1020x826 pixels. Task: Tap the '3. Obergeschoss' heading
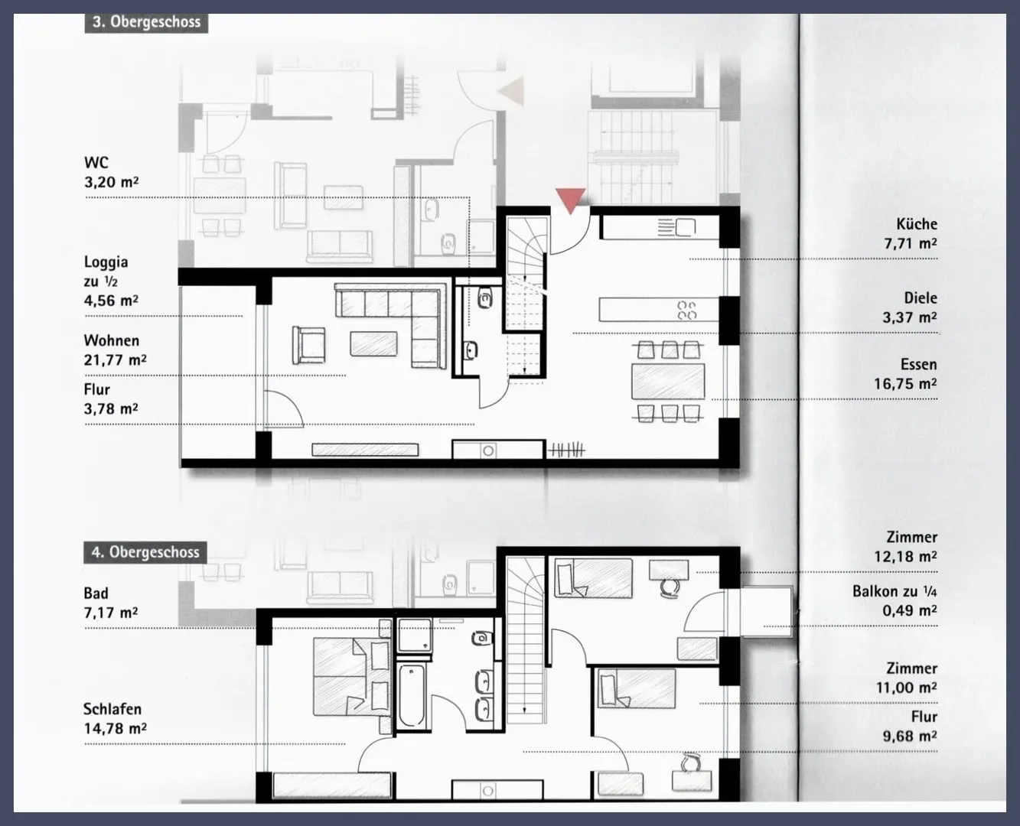click(147, 22)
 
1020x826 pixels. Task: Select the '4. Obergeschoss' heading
click(145, 552)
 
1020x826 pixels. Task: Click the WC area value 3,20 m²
click(112, 182)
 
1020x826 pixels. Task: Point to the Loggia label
click(106, 263)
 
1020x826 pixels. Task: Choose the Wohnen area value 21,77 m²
click(116, 360)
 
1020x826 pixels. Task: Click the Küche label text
click(917, 224)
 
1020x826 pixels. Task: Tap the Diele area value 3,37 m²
click(909, 317)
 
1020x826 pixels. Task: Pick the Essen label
click(918, 365)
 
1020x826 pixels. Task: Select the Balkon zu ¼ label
click(895, 591)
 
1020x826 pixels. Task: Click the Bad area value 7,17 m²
click(111, 613)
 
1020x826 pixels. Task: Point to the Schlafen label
click(112, 709)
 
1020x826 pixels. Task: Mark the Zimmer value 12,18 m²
click(905, 557)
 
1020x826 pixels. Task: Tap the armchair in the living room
click(308, 345)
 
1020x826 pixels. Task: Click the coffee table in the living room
click(373, 344)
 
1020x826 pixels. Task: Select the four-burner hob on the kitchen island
click(686, 310)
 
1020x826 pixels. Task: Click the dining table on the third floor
click(668, 382)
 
